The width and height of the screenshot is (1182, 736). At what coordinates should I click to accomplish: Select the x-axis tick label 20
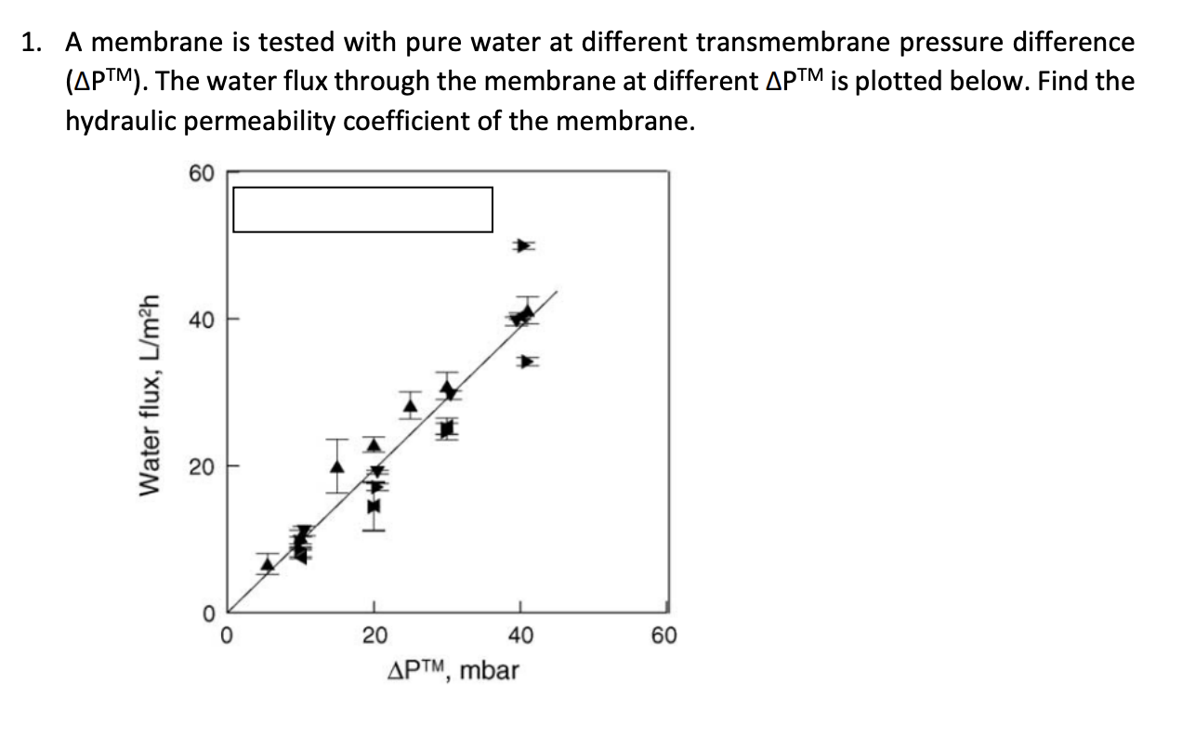click(374, 637)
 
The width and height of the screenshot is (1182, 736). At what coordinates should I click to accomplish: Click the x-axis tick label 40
click(520, 637)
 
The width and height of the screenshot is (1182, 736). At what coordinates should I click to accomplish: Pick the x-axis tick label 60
click(665, 637)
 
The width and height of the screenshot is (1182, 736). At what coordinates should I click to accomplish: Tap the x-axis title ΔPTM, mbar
click(453, 669)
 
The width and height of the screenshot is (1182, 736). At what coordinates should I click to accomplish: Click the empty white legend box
click(362, 209)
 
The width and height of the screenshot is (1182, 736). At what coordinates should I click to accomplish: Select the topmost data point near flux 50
click(526, 246)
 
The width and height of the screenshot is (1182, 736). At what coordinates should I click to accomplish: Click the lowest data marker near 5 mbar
click(268, 563)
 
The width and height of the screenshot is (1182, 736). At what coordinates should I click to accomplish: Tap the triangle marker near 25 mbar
click(411, 404)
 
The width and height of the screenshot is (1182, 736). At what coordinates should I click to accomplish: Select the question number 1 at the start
click(32, 43)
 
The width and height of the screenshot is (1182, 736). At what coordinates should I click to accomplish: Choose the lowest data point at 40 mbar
click(527, 361)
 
